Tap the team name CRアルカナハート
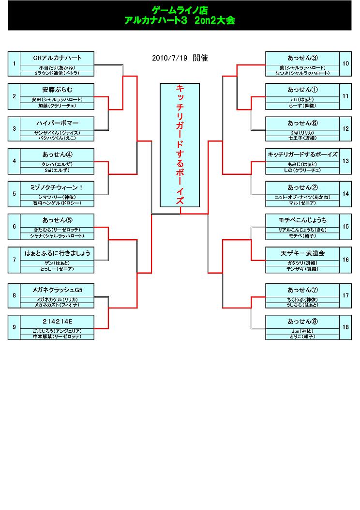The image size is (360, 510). click(57, 58)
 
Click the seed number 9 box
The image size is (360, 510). click(14, 327)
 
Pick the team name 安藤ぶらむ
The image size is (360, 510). click(57, 90)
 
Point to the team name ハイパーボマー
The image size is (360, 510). click(57, 123)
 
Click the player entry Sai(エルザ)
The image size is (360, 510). click(57, 170)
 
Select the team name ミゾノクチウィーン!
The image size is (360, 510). click(57, 187)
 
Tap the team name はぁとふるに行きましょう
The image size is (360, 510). click(57, 253)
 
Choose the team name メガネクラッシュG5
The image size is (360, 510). click(57, 289)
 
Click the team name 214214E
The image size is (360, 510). click(57, 321)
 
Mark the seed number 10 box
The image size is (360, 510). click(345, 63)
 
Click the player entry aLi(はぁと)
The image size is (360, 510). click(302, 100)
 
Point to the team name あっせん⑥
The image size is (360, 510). click(302, 123)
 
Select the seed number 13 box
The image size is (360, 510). click(345, 161)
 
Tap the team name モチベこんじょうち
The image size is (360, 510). click(302, 220)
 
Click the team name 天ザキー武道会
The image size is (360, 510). click(302, 253)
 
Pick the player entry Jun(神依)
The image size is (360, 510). click(302, 331)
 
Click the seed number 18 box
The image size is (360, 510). click(345, 327)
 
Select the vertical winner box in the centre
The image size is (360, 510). click(180, 145)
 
